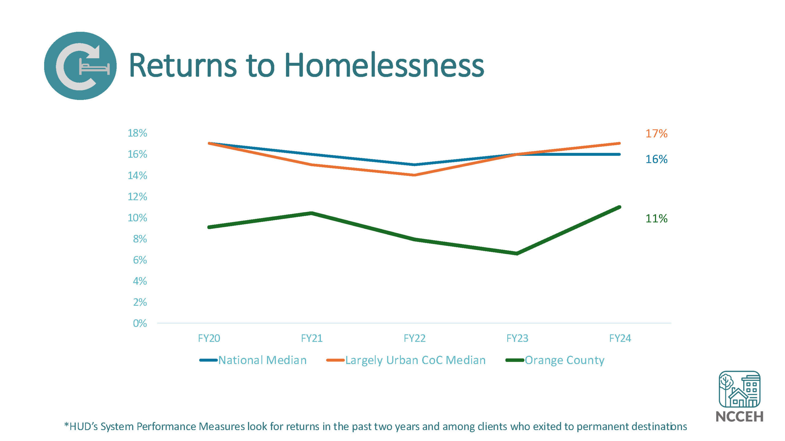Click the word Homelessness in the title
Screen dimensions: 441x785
384,66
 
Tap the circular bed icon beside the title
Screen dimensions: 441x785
80,66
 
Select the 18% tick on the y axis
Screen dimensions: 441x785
137,133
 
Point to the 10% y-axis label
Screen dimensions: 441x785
137,218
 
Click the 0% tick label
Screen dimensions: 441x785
140,323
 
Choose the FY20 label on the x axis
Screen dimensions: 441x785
209,338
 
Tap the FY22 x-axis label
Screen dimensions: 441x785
415,338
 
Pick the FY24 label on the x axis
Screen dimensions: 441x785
620,338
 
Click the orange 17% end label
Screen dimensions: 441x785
656,134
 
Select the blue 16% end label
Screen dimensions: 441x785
656,159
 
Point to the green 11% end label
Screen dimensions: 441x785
656,219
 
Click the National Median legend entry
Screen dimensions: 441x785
262,360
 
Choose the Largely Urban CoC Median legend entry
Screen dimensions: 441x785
415,360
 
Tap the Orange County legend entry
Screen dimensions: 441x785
564,360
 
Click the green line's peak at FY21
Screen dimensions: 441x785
312,213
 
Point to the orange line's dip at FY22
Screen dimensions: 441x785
415,175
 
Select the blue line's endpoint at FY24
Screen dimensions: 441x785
619,154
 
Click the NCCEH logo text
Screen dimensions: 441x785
739,417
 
